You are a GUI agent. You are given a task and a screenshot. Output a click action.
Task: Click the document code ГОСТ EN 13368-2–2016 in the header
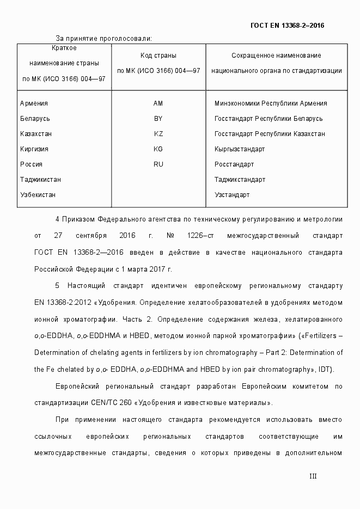287,25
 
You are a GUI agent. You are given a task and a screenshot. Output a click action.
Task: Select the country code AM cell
158,103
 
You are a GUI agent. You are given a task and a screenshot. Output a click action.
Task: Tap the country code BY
158,119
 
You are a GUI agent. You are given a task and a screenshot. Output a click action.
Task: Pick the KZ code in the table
158,134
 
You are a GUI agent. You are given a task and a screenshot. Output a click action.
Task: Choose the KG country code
158,149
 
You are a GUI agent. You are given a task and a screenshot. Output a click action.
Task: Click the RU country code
158,164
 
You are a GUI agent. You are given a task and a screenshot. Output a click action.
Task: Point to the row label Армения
34,103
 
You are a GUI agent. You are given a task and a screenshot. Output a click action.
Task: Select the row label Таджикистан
40,180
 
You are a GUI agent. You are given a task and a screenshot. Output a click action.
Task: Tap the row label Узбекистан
38,195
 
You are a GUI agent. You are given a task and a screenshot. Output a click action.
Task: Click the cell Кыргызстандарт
240,149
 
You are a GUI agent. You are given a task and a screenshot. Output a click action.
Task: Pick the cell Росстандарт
234,164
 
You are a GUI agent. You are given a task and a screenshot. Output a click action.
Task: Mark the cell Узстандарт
232,195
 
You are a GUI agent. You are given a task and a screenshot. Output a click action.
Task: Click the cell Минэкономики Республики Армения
271,103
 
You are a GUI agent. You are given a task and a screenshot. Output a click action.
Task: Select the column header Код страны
158,56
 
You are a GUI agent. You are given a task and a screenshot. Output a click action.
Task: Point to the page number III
313,476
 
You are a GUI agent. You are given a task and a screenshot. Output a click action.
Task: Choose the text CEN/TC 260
112,403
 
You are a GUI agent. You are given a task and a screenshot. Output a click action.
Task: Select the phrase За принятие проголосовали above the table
103,38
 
